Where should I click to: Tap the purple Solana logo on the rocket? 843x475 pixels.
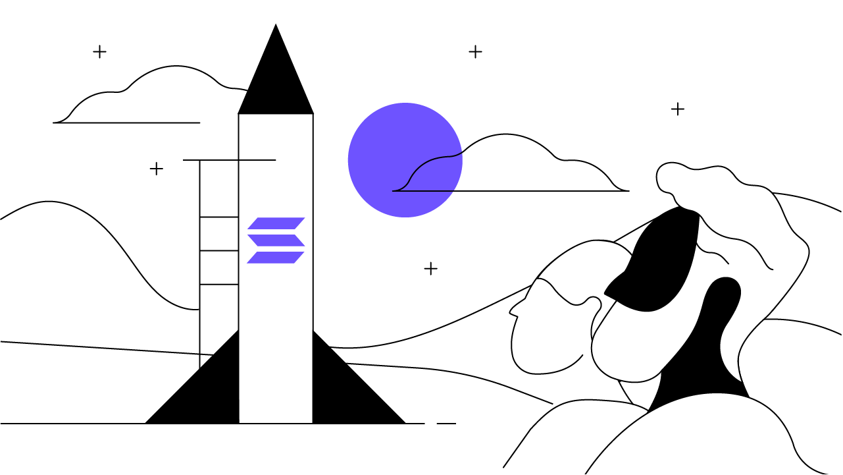pyautogui.click(x=276, y=240)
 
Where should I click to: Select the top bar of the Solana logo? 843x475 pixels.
pyautogui.click(x=276, y=223)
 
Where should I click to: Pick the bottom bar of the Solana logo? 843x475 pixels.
pyautogui.click(x=276, y=258)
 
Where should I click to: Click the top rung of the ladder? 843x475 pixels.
pyautogui.click(x=218, y=217)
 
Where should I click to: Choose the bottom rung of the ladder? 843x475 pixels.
pyautogui.click(x=218, y=284)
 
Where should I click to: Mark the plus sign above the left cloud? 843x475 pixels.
pyautogui.click(x=99, y=51)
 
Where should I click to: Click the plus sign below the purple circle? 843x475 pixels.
pyautogui.click(x=430, y=268)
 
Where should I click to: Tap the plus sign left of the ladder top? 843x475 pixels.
pyautogui.click(x=156, y=169)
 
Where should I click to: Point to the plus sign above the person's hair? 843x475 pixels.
pyautogui.click(x=678, y=109)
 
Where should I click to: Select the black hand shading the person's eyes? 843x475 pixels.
pyautogui.click(x=658, y=264)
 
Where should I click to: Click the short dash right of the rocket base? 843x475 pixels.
pyautogui.click(x=446, y=423)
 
